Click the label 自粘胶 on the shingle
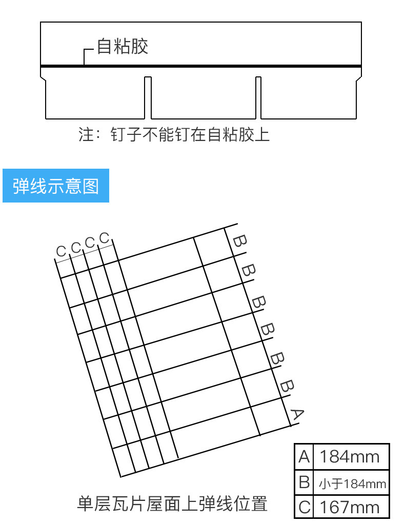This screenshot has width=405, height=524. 123,47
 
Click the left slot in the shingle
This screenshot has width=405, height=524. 148,97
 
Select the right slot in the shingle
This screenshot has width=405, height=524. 258,97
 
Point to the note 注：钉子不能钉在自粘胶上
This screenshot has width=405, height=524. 174,134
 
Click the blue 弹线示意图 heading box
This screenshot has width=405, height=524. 56,186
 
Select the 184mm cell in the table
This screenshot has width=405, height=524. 350,456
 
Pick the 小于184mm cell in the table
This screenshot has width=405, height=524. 352,483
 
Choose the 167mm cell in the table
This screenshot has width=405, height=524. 350,507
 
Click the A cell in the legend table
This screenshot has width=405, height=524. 304,456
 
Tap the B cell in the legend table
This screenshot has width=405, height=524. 304,482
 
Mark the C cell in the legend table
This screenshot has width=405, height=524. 304,507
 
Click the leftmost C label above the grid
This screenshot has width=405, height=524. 62,251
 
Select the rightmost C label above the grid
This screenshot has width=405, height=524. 105,238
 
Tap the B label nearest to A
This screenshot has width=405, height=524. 287,386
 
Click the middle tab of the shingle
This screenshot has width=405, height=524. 203,97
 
